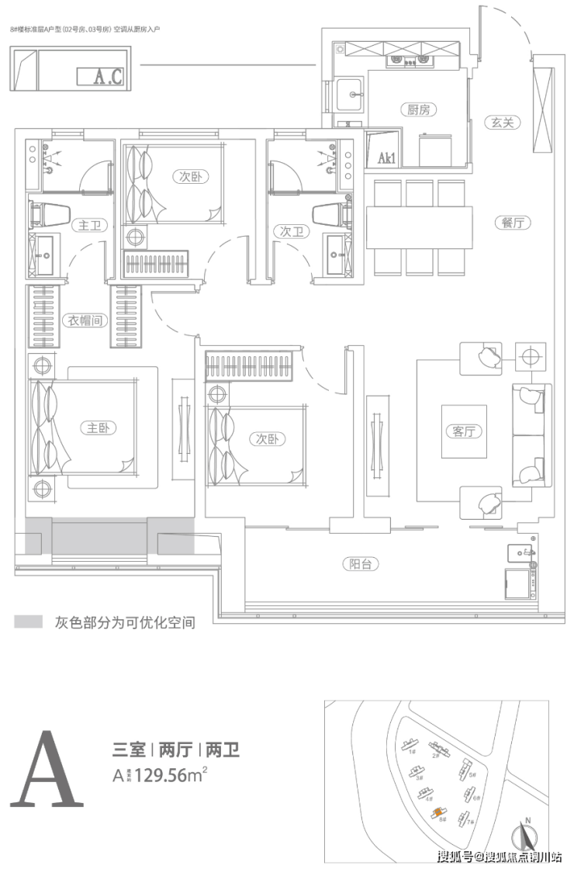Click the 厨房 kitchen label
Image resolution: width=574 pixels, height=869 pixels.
(x=419, y=110)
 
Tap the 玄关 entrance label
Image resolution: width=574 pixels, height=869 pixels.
(x=503, y=122)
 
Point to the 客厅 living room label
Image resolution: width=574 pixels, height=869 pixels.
(x=463, y=431)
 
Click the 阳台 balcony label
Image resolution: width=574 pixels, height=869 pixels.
(x=361, y=564)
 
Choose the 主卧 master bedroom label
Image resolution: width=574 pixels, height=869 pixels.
(x=98, y=428)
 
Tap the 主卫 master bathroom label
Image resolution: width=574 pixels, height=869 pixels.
(x=85, y=226)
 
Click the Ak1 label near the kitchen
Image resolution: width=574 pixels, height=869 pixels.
(x=386, y=158)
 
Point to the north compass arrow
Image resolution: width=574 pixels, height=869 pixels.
(x=528, y=834)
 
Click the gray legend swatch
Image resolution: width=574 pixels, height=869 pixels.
(x=28, y=622)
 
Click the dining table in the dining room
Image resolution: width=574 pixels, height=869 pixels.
(x=419, y=227)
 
